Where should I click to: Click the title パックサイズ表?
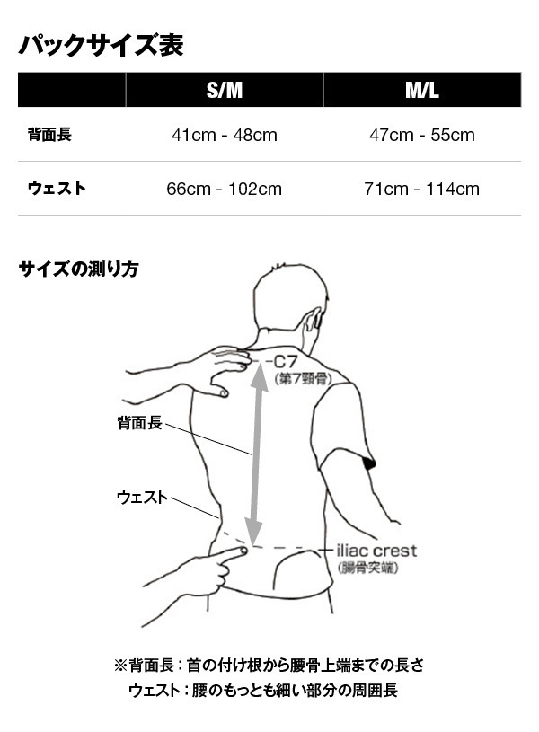coord(101,45)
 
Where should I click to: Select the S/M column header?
coord(225,90)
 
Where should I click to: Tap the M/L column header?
coord(422,90)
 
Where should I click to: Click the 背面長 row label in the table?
coord(49,135)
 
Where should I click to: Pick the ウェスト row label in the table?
coord(57,189)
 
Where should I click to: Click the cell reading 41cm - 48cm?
coord(225,136)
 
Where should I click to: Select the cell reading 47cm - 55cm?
coord(422,136)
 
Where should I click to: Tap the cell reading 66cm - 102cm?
coord(225,190)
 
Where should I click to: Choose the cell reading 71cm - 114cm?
coord(422,190)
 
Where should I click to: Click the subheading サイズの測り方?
coord(78,269)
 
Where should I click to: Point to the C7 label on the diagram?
coord(286,362)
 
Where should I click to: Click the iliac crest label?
coord(376,551)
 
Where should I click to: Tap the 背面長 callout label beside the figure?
coord(139,423)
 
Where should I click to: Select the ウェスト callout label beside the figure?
coord(142,498)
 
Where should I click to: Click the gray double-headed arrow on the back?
coord(256,454)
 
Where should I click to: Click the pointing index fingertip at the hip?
coord(243,551)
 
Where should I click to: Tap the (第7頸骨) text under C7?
coord(303,378)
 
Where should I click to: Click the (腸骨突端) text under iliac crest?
coord(368,569)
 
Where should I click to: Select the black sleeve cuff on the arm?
coord(369,463)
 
